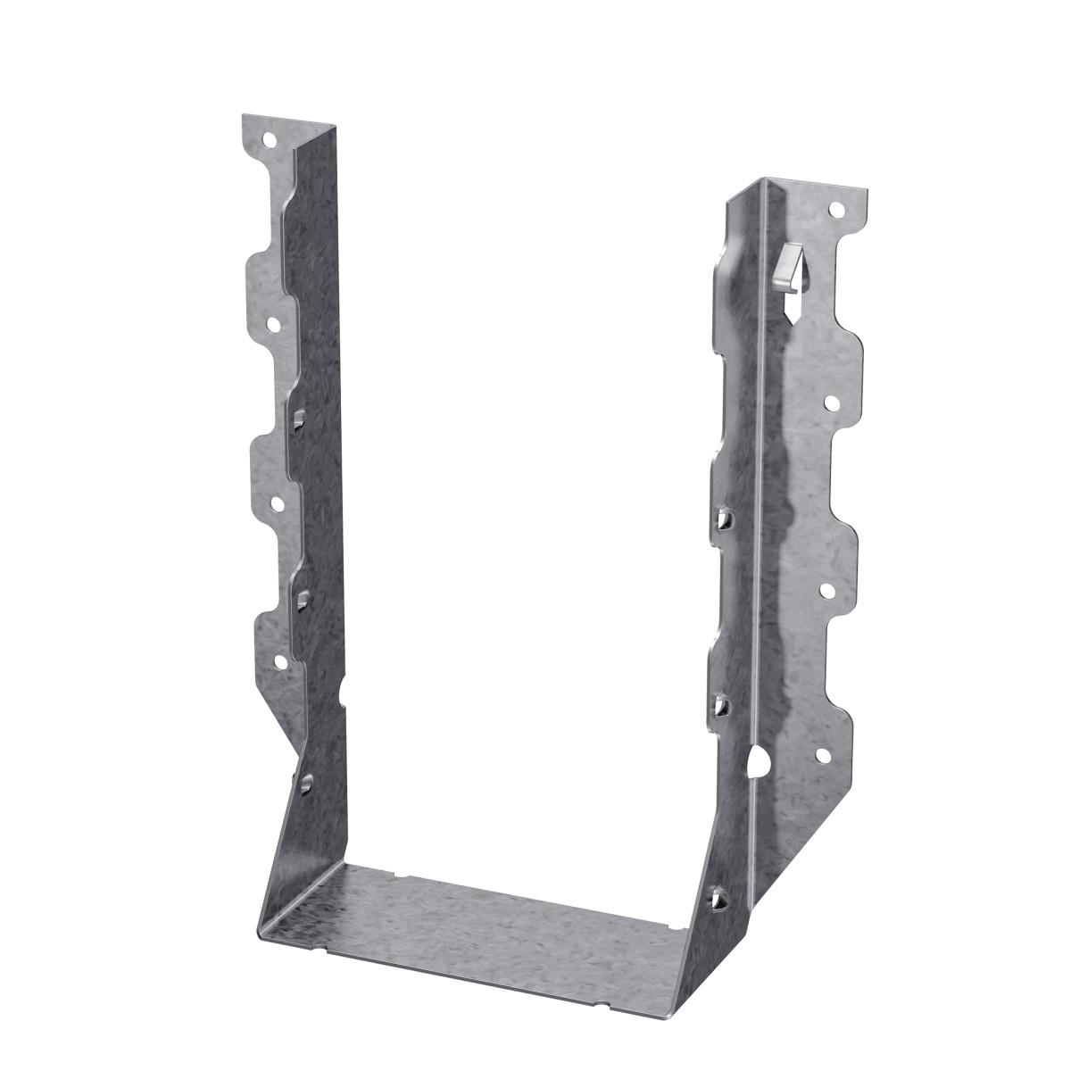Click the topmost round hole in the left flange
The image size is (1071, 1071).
point(267,139)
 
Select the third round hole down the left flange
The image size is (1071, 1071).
point(277,504)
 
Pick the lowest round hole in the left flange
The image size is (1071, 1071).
point(282,661)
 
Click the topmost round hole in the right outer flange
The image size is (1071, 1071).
point(835,211)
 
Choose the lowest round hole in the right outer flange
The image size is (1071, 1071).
point(823,756)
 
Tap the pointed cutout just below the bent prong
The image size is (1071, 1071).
point(793,308)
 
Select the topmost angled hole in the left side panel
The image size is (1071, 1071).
point(300,417)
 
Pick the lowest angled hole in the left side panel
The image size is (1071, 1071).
point(306,784)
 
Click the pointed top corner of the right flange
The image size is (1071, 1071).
point(760,179)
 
